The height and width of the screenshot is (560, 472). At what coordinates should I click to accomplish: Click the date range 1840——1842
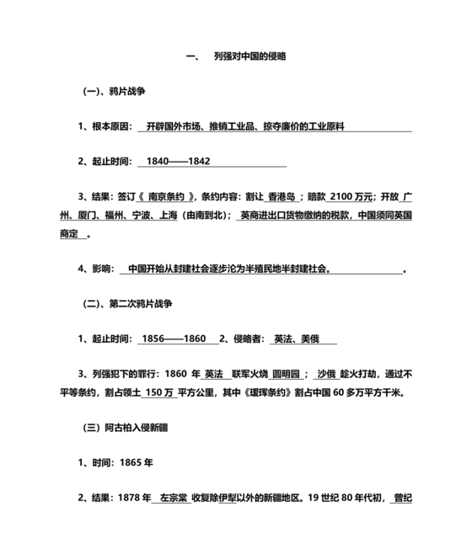coord(178,160)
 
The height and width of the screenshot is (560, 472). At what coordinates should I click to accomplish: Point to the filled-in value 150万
coord(158,392)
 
